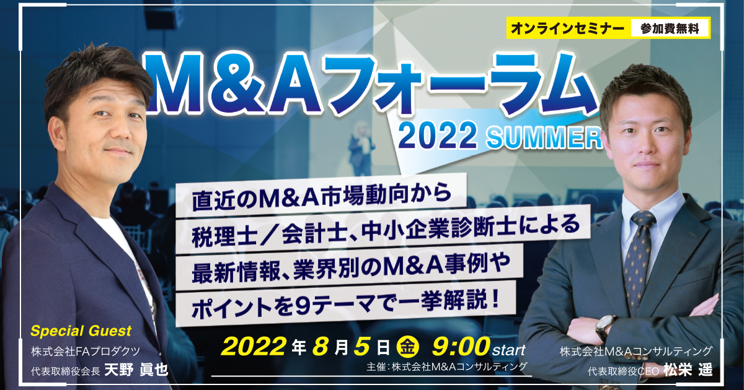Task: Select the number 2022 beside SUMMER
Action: click(438, 135)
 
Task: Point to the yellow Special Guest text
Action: click(81, 331)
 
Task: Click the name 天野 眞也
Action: click(136, 370)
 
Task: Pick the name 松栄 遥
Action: click(688, 370)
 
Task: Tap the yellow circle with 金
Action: click(408, 347)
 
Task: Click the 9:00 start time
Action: click(479, 347)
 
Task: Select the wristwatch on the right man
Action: click(605, 326)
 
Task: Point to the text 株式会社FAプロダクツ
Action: click(86, 351)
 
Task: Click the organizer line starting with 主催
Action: click(447, 366)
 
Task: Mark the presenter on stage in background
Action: click(361, 148)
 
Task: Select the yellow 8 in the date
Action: click(321, 347)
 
